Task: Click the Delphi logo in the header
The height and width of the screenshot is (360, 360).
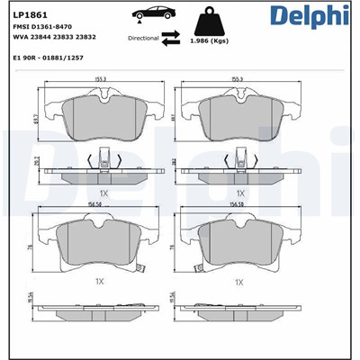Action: (310, 17)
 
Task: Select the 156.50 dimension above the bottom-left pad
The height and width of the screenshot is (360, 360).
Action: (99, 203)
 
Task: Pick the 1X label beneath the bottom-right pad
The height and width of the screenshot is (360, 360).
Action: (239, 282)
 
